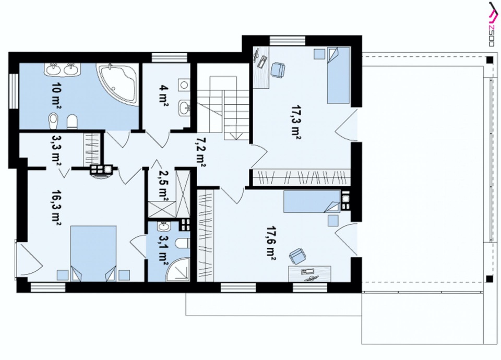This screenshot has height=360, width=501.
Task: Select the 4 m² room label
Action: point(163,95)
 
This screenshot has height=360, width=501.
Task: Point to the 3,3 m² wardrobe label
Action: point(56,150)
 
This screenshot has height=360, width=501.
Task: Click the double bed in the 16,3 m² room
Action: point(93,254)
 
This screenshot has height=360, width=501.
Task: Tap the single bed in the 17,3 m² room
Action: point(338,75)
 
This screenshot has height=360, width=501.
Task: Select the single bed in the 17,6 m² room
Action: point(312,201)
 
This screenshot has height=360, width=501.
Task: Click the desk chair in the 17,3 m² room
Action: point(278,69)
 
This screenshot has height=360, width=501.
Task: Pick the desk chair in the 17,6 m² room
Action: point(297,256)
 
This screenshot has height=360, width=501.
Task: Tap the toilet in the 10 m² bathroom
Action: point(73,122)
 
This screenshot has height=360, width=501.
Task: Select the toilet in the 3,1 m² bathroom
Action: point(184,244)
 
